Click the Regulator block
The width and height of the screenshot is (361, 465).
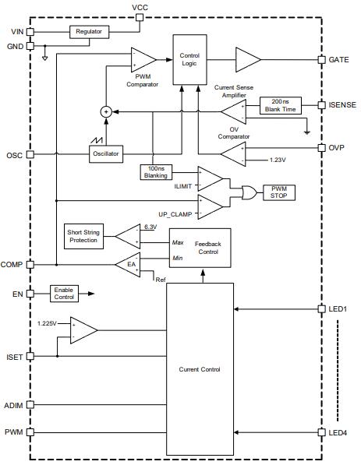90,32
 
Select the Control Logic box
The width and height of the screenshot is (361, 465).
189,60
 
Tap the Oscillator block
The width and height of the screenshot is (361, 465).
106,153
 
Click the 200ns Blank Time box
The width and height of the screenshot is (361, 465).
281,105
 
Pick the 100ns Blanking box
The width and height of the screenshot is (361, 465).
156,172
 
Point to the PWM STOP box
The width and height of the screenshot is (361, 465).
279,192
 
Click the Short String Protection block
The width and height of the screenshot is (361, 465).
83,236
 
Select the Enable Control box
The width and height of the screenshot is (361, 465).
64,294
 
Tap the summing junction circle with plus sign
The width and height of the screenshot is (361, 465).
106,112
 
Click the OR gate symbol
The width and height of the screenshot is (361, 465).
249,192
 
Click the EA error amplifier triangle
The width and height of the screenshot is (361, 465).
128,265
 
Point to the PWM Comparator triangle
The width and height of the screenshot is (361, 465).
143,60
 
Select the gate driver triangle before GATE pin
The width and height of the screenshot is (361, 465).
248,60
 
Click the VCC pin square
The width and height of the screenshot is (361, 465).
140,17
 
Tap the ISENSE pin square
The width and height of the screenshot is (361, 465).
321,105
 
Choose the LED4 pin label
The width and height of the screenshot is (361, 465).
338,432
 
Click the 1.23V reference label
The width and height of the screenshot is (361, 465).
278,160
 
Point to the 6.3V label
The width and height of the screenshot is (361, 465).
150,227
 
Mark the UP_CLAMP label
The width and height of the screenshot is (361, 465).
175,214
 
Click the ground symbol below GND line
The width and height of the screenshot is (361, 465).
44,58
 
